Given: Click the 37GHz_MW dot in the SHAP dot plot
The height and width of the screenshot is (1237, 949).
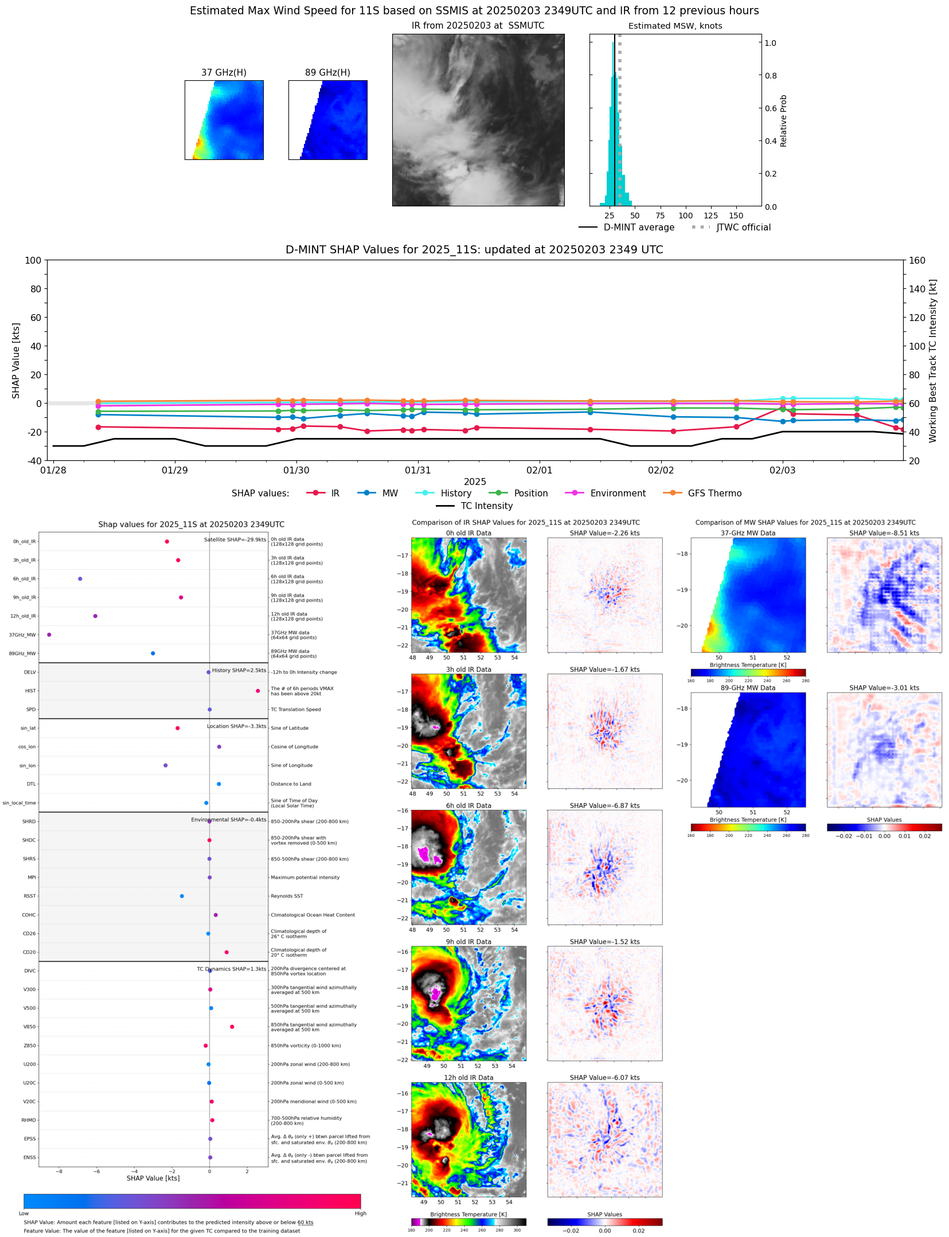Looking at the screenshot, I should click(x=49, y=635).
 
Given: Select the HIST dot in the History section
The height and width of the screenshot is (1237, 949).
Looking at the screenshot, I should click(x=257, y=691).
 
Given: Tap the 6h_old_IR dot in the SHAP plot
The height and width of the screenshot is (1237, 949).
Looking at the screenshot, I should click(x=80, y=579).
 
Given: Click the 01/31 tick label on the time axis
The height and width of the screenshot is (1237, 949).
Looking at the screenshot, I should click(x=417, y=470).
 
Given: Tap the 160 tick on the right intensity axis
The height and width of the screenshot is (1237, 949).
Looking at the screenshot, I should click(x=917, y=260).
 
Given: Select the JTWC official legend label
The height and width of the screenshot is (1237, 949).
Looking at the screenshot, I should click(x=743, y=227).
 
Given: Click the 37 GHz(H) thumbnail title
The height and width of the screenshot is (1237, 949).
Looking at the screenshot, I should click(x=224, y=72).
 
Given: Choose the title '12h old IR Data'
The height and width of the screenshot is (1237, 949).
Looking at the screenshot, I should click(x=468, y=1078).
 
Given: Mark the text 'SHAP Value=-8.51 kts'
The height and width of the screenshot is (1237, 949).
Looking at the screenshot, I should click(x=884, y=533).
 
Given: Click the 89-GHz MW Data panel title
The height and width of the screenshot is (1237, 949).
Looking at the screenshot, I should click(x=748, y=688).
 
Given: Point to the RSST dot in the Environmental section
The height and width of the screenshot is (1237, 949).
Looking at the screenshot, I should click(x=182, y=896).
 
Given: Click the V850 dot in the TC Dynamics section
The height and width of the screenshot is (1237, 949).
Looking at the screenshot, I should click(x=232, y=1027).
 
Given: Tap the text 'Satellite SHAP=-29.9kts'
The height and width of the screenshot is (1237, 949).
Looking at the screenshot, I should click(x=235, y=539).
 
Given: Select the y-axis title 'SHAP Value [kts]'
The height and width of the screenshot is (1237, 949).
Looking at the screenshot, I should click(x=16, y=361).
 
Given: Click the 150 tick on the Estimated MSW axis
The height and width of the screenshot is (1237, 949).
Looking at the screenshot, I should click(x=736, y=216).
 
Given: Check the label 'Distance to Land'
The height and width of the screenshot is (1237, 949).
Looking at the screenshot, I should click(x=291, y=784).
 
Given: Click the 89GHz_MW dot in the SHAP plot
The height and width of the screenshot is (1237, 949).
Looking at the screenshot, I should click(x=153, y=653).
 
